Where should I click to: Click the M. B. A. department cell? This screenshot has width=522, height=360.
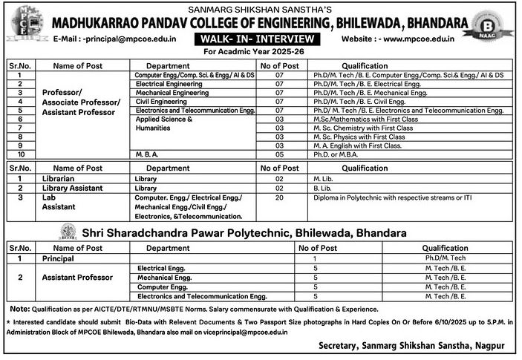[x=149, y=154]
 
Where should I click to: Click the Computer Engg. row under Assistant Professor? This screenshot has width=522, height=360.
[x=159, y=286]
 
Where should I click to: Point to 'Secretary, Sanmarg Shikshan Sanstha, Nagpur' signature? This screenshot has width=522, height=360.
[x=414, y=346]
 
